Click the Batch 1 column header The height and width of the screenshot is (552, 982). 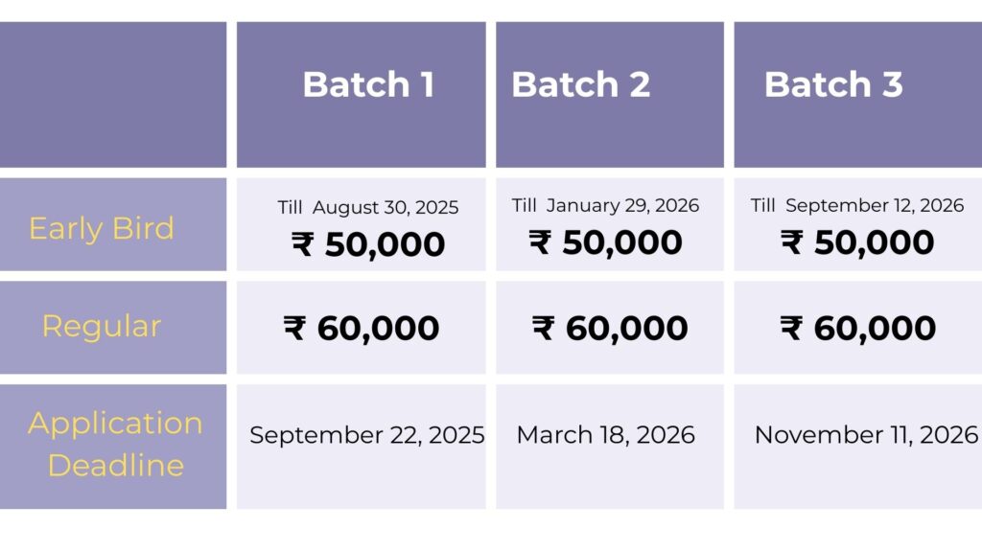(368, 84)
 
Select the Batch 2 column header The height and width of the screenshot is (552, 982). (580, 84)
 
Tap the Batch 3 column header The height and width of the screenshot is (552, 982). (833, 84)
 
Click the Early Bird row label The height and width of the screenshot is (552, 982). (102, 228)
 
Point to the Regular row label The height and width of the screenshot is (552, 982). (102, 326)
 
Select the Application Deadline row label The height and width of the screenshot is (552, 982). (115, 444)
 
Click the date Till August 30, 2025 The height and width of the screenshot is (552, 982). (368, 207)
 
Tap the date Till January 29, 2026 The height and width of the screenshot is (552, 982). (605, 205)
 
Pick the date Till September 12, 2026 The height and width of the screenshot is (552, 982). (856, 205)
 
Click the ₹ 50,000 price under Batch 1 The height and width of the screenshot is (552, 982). (368, 244)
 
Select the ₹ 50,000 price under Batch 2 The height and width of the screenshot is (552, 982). (605, 242)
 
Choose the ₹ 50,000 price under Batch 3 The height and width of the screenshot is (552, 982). (856, 242)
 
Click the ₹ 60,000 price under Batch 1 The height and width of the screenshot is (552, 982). (362, 328)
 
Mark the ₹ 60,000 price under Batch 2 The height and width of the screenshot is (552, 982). (609, 328)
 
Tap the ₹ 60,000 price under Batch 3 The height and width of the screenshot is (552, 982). (858, 328)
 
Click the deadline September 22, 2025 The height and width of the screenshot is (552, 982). (367, 435)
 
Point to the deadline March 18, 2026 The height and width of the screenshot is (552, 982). (606, 435)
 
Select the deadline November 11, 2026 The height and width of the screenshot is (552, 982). (867, 435)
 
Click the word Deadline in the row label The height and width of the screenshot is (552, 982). (116, 466)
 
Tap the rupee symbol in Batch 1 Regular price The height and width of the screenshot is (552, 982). (294, 328)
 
